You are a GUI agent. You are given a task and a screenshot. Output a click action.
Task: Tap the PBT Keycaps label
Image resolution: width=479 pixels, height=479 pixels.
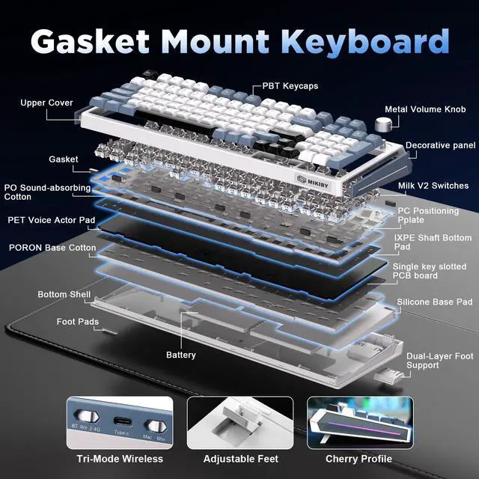coord(290,86)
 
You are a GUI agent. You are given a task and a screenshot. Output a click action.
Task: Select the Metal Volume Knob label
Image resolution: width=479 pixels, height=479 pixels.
coord(424,109)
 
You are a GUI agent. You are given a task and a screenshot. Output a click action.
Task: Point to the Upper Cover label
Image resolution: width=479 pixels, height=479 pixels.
coord(46,103)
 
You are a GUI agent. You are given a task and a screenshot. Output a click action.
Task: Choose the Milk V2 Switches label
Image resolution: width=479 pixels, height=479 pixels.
coord(433,186)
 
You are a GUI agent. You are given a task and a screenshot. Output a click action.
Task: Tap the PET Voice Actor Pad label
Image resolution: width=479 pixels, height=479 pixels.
coord(51,221)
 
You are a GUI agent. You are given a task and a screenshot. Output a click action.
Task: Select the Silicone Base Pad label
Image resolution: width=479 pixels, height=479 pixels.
coord(434,302)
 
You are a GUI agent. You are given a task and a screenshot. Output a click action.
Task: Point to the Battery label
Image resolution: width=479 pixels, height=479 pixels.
coord(181,355)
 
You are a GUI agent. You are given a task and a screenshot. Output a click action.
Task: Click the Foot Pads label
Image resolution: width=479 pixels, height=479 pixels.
coord(76,322)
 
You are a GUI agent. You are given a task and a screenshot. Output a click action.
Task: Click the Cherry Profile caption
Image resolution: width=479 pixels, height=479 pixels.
coord(359,459)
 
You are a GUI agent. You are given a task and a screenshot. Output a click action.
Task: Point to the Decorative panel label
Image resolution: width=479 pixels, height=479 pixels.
coord(440,146)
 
